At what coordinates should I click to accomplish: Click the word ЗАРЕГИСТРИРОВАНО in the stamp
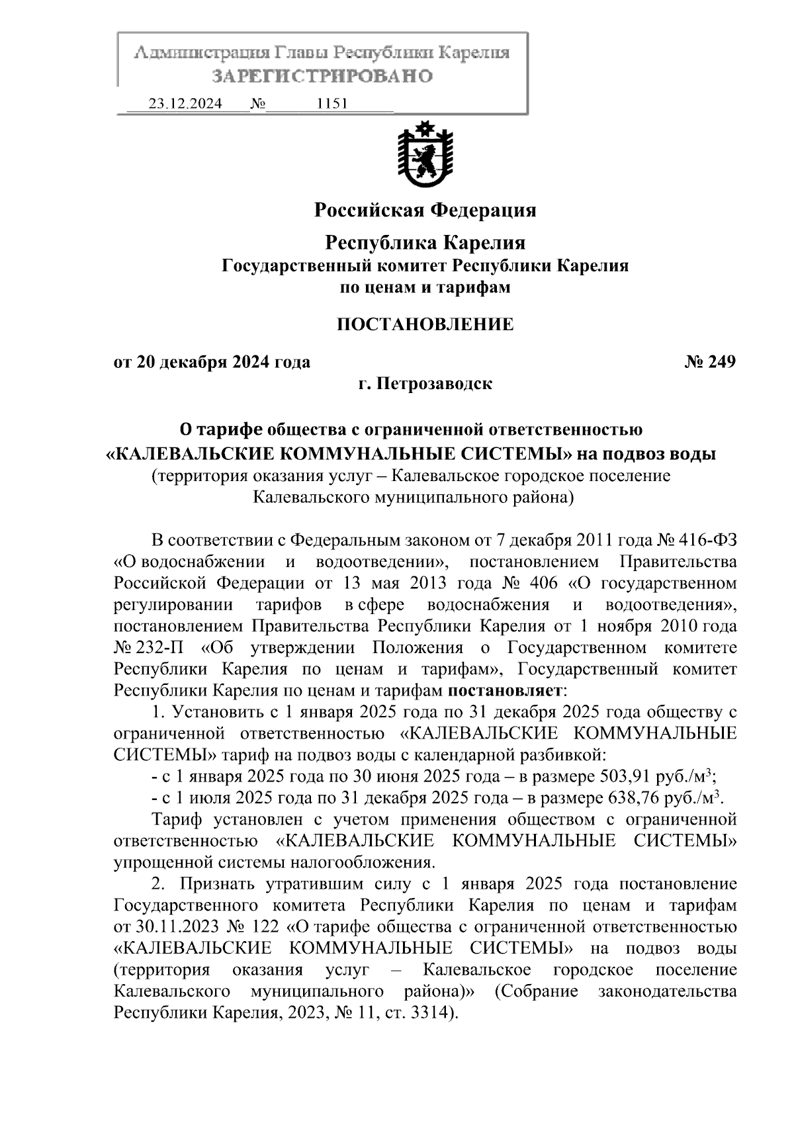[322, 76]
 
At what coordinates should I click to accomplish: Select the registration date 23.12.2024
[185, 104]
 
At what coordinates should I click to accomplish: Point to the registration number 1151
[333, 104]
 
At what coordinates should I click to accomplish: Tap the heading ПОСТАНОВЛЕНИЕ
[425, 324]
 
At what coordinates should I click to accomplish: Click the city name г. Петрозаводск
[425, 383]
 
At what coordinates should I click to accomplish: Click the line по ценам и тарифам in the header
[425, 288]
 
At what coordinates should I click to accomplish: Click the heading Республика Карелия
[425, 243]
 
